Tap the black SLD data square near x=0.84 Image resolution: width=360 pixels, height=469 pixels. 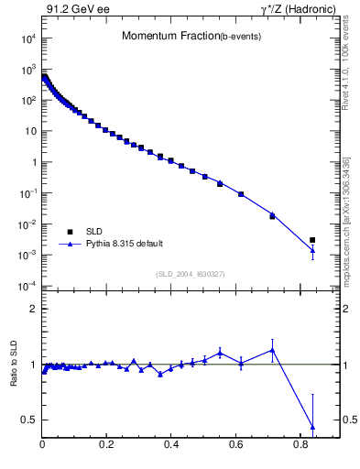[312, 240]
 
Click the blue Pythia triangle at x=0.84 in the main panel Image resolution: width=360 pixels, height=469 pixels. [312, 250]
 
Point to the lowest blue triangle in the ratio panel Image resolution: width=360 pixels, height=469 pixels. [312, 427]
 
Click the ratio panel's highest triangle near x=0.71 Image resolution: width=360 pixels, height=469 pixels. [273, 350]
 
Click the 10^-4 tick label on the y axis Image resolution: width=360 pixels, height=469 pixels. [27, 287]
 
